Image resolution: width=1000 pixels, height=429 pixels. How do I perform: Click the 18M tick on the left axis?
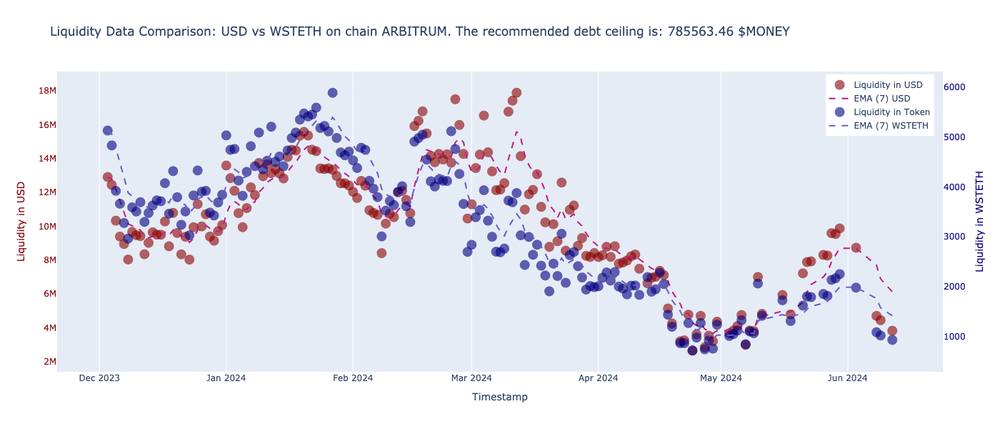click(47, 91)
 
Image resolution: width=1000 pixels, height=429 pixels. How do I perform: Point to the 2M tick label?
click(49, 362)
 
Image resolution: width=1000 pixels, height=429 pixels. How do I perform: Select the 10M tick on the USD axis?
click(47, 227)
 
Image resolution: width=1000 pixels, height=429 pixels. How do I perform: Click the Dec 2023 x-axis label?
click(99, 378)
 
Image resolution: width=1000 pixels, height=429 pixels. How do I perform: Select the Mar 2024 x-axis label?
click(471, 378)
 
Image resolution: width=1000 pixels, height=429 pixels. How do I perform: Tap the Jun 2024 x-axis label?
click(848, 378)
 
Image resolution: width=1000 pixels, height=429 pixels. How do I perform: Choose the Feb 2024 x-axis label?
click(353, 378)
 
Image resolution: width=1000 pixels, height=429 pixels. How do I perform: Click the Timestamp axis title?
click(499, 397)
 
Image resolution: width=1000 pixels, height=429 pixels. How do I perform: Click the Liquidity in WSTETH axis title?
click(980, 221)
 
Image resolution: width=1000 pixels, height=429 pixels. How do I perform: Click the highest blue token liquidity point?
click(332, 93)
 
